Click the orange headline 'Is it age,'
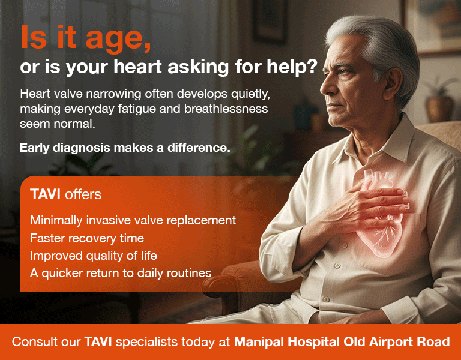(85, 39)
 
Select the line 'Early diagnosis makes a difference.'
(125, 148)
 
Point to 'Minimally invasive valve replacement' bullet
(133, 220)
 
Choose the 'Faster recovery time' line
(87, 238)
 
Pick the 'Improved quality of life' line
(94, 256)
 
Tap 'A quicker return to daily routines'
(121, 273)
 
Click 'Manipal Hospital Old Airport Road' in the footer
(342, 343)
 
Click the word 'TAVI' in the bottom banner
(98, 343)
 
